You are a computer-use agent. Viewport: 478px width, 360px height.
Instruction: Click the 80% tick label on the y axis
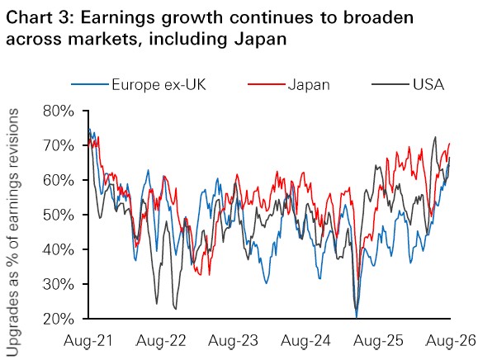click(59, 111)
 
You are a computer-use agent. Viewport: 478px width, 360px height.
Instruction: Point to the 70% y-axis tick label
click(59, 146)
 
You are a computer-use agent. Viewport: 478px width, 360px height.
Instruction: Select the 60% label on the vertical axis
click(59, 181)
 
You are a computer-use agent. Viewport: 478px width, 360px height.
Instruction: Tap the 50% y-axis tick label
click(59, 216)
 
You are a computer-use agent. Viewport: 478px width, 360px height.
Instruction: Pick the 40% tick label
click(59, 250)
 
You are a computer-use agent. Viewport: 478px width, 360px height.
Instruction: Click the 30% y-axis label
click(59, 285)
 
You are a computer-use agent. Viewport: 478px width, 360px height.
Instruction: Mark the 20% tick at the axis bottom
click(59, 320)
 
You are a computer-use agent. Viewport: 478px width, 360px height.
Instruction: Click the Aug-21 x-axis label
click(88, 341)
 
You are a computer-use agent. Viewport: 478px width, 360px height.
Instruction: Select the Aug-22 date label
click(161, 341)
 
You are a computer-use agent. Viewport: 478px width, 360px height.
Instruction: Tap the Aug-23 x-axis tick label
click(233, 341)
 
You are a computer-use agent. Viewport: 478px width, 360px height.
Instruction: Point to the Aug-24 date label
click(305, 341)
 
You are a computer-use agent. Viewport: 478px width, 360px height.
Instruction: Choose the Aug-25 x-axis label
click(378, 341)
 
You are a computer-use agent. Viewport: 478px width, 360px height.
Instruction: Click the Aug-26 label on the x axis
click(451, 341)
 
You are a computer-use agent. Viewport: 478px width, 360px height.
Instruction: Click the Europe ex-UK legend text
click(159, 84)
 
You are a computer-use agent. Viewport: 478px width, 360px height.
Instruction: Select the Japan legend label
click(309, 85)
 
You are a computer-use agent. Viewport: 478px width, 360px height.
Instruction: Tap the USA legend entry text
click(428, 84)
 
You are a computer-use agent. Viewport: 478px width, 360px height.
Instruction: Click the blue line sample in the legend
click(90, 84)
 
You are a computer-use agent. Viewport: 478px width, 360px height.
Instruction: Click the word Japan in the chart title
click(261, 39)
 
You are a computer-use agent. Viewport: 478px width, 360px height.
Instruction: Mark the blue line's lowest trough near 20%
click(357, 317)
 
